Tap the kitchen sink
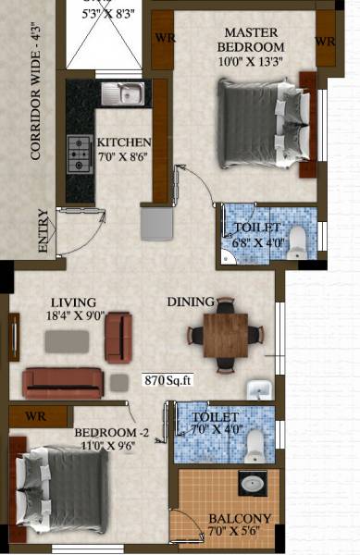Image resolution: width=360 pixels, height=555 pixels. click(123, 92)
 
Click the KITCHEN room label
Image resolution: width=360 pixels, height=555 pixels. click(124, 142)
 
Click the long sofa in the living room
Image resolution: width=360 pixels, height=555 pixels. click(63, 381)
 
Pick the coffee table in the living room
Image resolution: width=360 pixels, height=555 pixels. click(68, 340)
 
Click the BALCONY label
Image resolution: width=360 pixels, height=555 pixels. click(239, 519)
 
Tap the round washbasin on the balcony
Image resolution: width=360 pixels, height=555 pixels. click(251, 483)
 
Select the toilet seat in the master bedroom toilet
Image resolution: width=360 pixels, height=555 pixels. click(297, 242)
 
